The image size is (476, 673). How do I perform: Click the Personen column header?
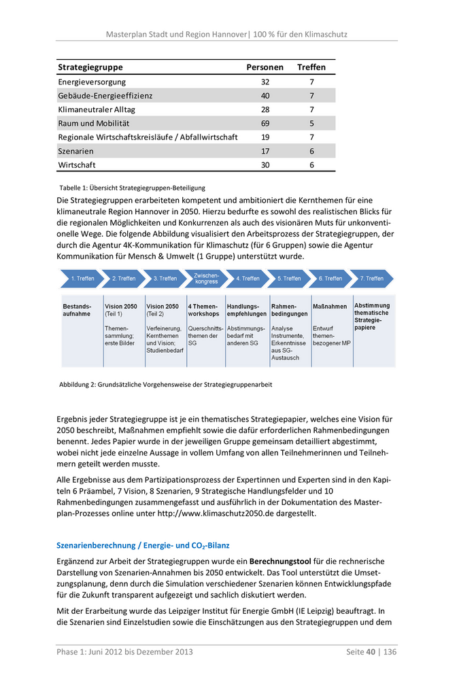[x=265, y=67]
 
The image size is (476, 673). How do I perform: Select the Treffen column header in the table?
[x=311, y=67]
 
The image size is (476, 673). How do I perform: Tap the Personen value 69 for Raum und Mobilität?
[x=265, y=123]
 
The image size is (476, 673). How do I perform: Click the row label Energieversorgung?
[x=92, y=82]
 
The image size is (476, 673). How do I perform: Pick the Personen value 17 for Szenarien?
[x=265, y=151]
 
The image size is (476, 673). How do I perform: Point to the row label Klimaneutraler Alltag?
[x=97, y=109]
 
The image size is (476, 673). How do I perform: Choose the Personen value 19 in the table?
[x=265, y=137]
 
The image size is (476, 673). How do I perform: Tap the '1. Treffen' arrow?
[x=82, y=278]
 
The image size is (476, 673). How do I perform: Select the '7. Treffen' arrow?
[x=372, y=278]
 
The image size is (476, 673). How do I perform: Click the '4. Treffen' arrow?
[x=248, y=278]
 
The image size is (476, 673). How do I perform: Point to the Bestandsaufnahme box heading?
[x=77, y=310]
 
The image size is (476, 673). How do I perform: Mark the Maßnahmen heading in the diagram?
[x=330, y=307]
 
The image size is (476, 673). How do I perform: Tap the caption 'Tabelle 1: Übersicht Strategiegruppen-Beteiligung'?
[x=133, y=188]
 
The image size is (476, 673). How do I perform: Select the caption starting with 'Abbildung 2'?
[x=165, y=384]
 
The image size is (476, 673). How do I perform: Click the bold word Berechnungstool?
[x=281, y=562]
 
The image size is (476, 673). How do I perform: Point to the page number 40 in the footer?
[x=371, y=652]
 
